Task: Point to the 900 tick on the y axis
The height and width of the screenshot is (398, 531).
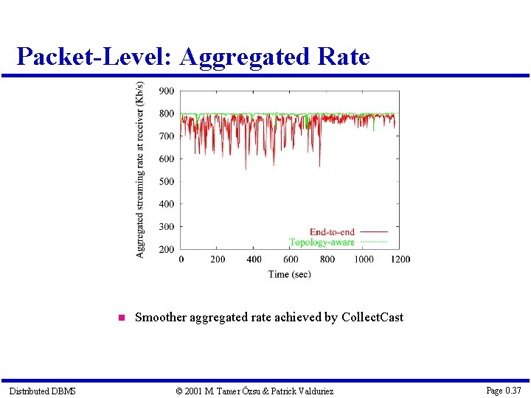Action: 167,91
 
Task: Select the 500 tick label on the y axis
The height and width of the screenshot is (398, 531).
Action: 167,182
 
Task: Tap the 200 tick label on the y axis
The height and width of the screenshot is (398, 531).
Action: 167,250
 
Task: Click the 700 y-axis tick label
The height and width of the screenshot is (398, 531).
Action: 167,136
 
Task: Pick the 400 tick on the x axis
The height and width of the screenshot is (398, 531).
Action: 254,259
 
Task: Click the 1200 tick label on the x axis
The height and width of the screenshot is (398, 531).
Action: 400,259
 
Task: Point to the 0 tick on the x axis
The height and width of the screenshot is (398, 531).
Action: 181,259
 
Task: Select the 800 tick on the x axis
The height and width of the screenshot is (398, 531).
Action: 327,259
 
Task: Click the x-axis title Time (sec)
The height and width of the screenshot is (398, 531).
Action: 290,274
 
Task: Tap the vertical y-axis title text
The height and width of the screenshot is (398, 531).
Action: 140,169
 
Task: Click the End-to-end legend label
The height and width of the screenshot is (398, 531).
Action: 332,232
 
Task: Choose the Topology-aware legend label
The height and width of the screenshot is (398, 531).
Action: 322,242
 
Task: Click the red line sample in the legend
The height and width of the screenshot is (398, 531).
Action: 373,232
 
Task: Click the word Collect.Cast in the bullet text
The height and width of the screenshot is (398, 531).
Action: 372,318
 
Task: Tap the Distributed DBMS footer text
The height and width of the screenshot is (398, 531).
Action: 42,391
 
